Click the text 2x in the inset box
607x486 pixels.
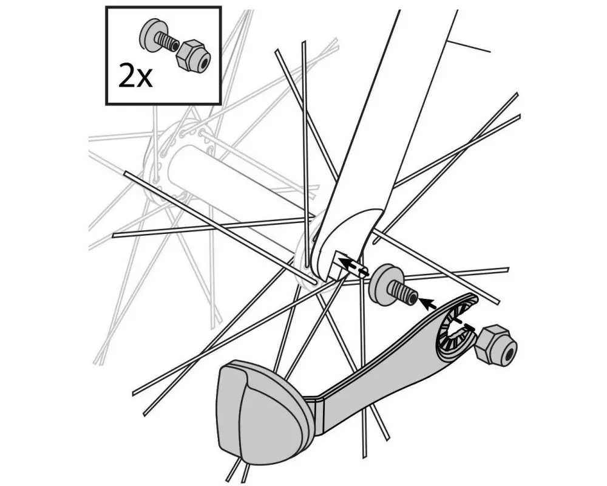[x=135, y=78]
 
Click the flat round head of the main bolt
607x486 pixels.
[x=383, y=284]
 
